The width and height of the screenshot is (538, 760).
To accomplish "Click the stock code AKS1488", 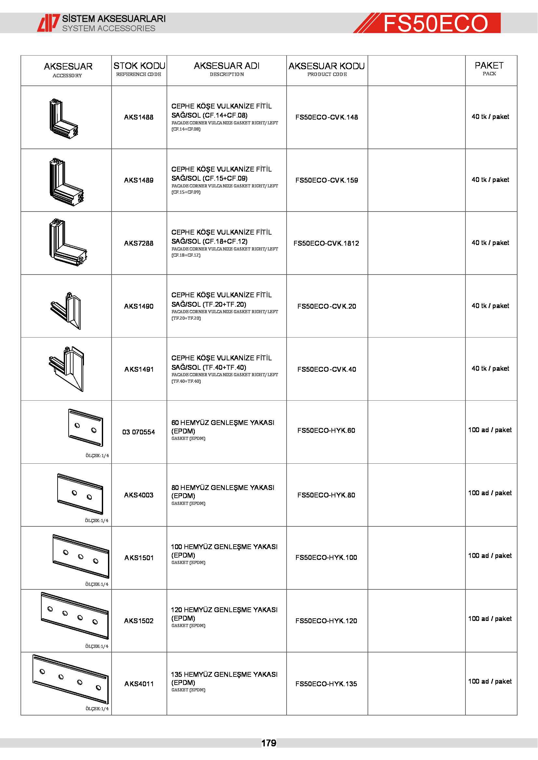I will [x=139, y=117].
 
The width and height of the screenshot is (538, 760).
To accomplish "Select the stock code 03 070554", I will [x=139, y=432].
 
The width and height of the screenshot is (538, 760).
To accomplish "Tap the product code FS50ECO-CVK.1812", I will [x=326, y=243].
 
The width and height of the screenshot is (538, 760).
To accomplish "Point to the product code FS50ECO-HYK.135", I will [x=326, y=684].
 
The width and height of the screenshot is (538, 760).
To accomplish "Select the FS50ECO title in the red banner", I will [x=435, y=23].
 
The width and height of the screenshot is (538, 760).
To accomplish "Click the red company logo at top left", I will [x=48, y=23].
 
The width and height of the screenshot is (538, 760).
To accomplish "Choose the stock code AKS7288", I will [x=139, y=243].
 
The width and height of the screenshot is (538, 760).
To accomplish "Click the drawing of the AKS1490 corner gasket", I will [x=66, y=311].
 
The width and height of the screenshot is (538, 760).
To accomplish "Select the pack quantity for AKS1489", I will [x=490, y=180].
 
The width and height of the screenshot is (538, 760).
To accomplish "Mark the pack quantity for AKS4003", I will [x=490, y=493].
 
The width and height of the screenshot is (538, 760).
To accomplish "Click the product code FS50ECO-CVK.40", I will [x=327, y=369].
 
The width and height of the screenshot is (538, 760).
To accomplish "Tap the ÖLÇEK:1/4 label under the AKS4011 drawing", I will [x=97, y=709].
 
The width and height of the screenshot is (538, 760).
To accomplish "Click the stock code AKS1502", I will [x=139, y=621].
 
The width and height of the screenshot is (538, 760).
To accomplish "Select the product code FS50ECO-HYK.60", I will [x=326, y=430].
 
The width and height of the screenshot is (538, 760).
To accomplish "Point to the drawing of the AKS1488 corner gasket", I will [x=64, y=119].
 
